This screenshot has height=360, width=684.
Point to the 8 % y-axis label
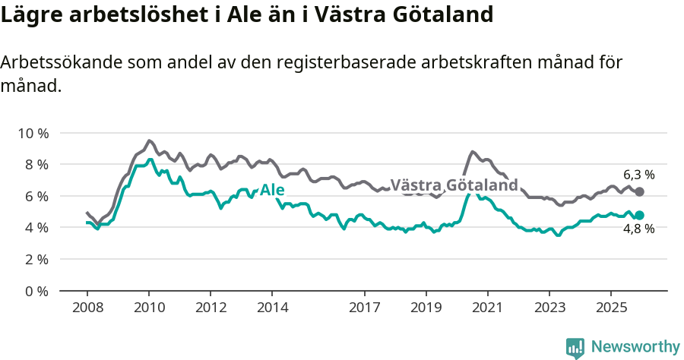(x=35, y=164)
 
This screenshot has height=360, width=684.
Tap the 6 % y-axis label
(x=35, y=196)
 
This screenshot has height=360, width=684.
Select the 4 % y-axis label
(x=35, y=227)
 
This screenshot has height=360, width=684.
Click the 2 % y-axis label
(x=35, y=259)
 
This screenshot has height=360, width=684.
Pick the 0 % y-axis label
(x=35, y=291)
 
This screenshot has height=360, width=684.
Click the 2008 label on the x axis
(x=87, y=308)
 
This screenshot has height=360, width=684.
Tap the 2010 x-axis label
(x=149, y=308)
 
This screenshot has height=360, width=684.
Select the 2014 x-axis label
(x=272, y=308)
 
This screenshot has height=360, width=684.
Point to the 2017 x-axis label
(x=365, y=308)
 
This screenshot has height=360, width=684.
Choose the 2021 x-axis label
(x=487, y=308)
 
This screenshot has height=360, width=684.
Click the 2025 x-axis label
(x=610, y=308)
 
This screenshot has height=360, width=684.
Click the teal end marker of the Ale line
(x=639, y=216)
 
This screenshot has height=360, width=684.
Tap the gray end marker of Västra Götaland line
(x=639, y=192)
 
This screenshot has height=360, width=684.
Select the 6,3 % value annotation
(x=638, y=175)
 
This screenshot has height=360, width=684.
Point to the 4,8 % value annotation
(x=638, y=229)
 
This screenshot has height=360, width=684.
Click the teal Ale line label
(x=272, y=190)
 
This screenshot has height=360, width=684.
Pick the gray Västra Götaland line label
(x=454, y=185)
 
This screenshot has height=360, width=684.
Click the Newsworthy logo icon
(x=575, y=348)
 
